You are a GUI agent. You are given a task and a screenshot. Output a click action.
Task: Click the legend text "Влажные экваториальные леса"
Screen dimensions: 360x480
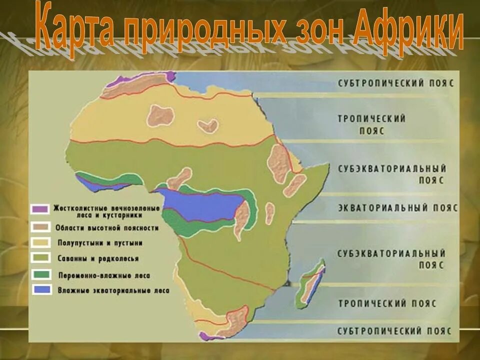coord(113,290)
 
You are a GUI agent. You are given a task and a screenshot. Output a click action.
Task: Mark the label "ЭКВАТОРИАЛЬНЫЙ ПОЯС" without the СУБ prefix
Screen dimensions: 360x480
coord(397,208)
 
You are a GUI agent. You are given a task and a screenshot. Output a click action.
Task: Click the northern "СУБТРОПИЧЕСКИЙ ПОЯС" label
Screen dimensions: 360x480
coord(395,83)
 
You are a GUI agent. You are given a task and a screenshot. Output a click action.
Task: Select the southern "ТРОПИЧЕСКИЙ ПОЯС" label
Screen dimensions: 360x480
coord(387,303)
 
